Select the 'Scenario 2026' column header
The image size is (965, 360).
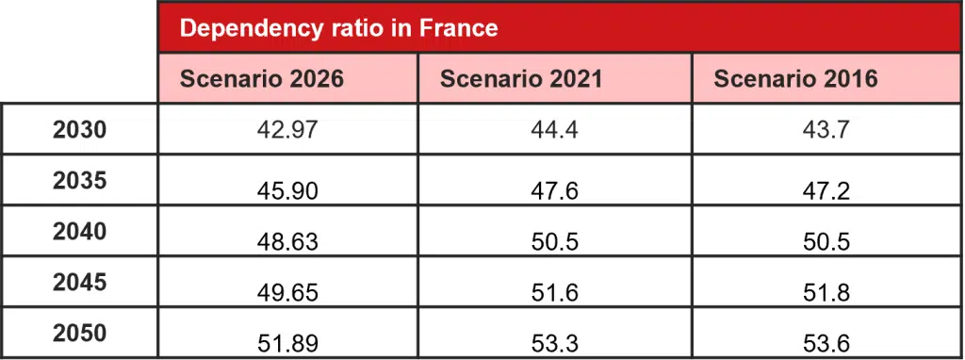click(261, 80)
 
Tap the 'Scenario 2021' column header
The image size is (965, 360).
click(520, 80)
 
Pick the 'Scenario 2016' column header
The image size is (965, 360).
click(795, 80)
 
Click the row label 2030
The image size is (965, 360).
click(79, 130)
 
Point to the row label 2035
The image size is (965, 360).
click(79, 181)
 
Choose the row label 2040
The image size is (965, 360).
click(79, 232)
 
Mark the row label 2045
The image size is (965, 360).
click(79, 283)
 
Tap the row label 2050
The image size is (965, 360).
click(79, 334)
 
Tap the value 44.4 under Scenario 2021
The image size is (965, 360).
click(554, 130)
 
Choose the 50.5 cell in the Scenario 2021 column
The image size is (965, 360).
click(554, 242)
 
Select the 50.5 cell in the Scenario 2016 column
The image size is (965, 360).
click(826, 242)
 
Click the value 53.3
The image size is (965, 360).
click(554, 343)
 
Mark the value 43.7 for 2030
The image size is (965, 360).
click(826, 130)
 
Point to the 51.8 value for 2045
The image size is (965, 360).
click(826, 293)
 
